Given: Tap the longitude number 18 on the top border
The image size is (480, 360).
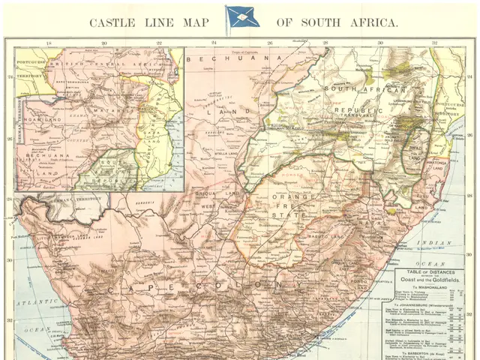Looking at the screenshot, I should (x=49, y=43).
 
